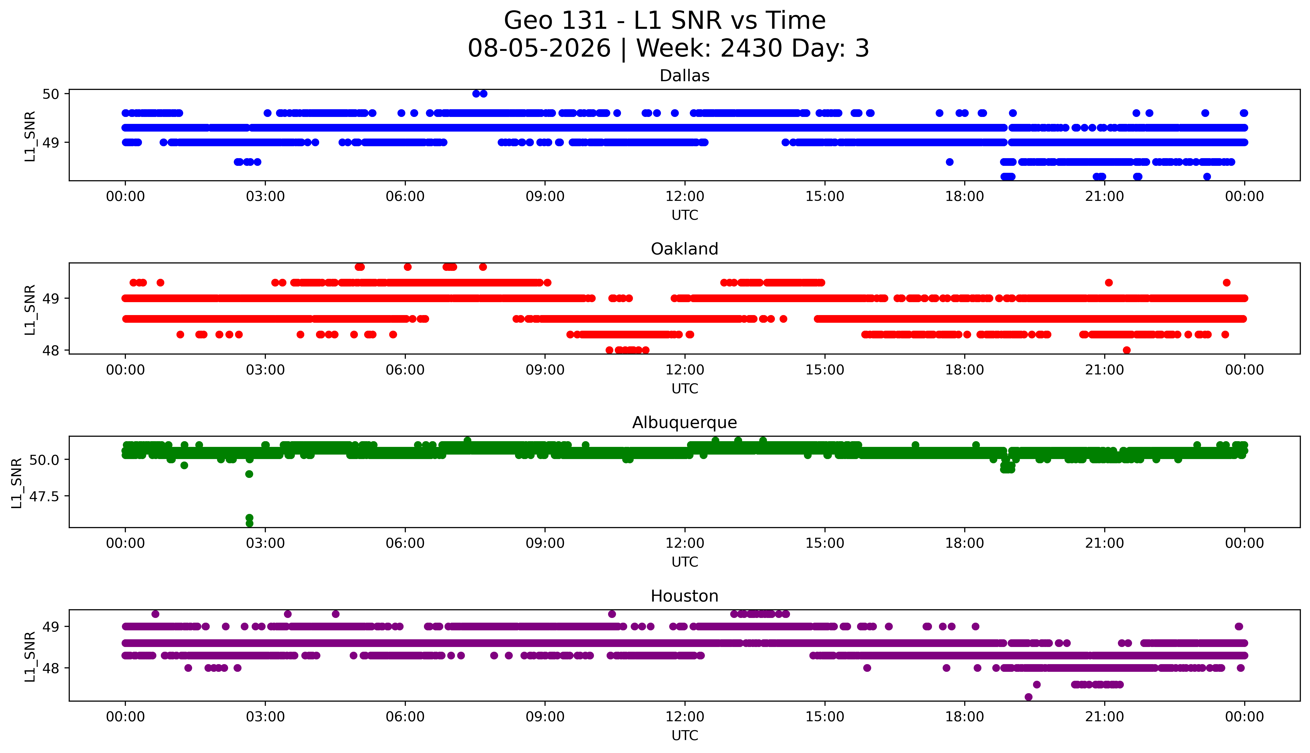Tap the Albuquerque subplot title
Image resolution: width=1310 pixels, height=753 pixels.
click(685, 423)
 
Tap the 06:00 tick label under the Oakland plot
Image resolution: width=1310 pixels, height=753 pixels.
click(405, 370)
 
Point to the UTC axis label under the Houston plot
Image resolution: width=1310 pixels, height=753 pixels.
click(685, 735)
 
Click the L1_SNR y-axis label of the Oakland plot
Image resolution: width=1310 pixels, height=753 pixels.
click(30, 309)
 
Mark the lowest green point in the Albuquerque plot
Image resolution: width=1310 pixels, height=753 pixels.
click(249, 523)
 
